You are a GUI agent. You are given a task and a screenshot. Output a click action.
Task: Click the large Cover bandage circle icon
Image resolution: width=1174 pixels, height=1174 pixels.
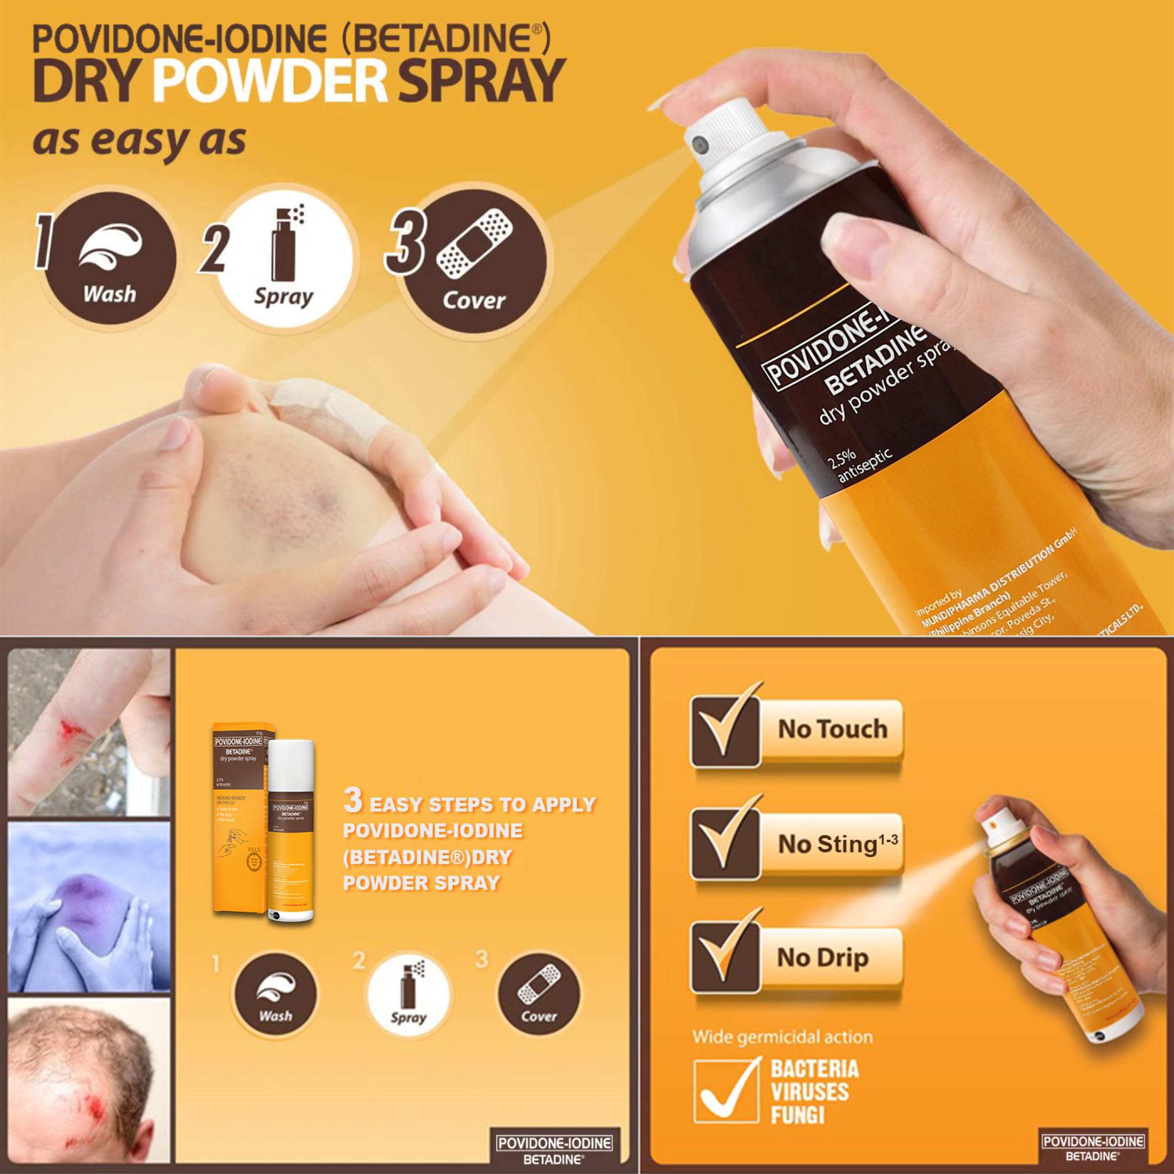click(474, 261)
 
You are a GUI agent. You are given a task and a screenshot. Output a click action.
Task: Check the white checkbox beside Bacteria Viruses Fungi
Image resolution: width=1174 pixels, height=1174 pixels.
click(726, 1092)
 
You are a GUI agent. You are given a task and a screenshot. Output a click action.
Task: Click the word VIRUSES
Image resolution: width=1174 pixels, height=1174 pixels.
click(810, 1092)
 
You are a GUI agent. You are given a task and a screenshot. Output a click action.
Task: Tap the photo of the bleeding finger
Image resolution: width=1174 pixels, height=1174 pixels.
click(89, 732)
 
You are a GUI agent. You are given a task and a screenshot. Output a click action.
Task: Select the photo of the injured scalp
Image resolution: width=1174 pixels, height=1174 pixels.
click(89, 1082)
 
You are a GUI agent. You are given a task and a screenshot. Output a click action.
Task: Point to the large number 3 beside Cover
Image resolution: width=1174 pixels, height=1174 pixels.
click(406, 243)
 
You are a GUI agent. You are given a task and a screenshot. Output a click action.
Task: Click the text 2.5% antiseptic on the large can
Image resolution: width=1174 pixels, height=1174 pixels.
click(858, 465)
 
